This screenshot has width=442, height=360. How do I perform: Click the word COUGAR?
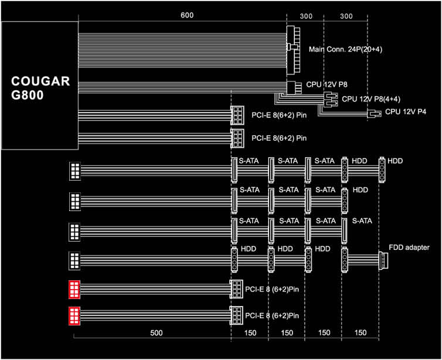point(40,81)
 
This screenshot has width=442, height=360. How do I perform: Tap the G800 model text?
point(28,95)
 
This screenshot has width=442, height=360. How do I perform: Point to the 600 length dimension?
point(187,15)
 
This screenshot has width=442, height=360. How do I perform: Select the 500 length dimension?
point(156,333)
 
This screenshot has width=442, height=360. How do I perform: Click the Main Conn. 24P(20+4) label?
point(346,49)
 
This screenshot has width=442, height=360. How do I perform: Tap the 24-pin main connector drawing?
point(293,51)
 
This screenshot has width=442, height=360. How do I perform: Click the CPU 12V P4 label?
point(406,111)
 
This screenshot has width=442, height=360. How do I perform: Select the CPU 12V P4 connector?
point(374,114)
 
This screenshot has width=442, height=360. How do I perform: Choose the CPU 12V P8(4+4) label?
point(371,99)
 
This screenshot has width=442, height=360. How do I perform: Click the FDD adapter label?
point(409,247)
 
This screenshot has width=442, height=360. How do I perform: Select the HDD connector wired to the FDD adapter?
point(345,260)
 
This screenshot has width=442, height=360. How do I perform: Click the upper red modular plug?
point(74,290)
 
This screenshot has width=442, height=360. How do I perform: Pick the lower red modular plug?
point(74,316)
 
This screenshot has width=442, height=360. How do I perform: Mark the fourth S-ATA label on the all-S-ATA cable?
point(362,220)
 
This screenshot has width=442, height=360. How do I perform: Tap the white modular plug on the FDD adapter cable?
point(74,261)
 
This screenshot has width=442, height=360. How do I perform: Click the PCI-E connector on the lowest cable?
point(236,315)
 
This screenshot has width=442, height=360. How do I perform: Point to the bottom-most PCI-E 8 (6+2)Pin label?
point(272,315)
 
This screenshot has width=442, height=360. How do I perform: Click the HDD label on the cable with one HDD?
point(361,190)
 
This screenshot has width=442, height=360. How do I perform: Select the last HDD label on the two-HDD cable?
point(395,161)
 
